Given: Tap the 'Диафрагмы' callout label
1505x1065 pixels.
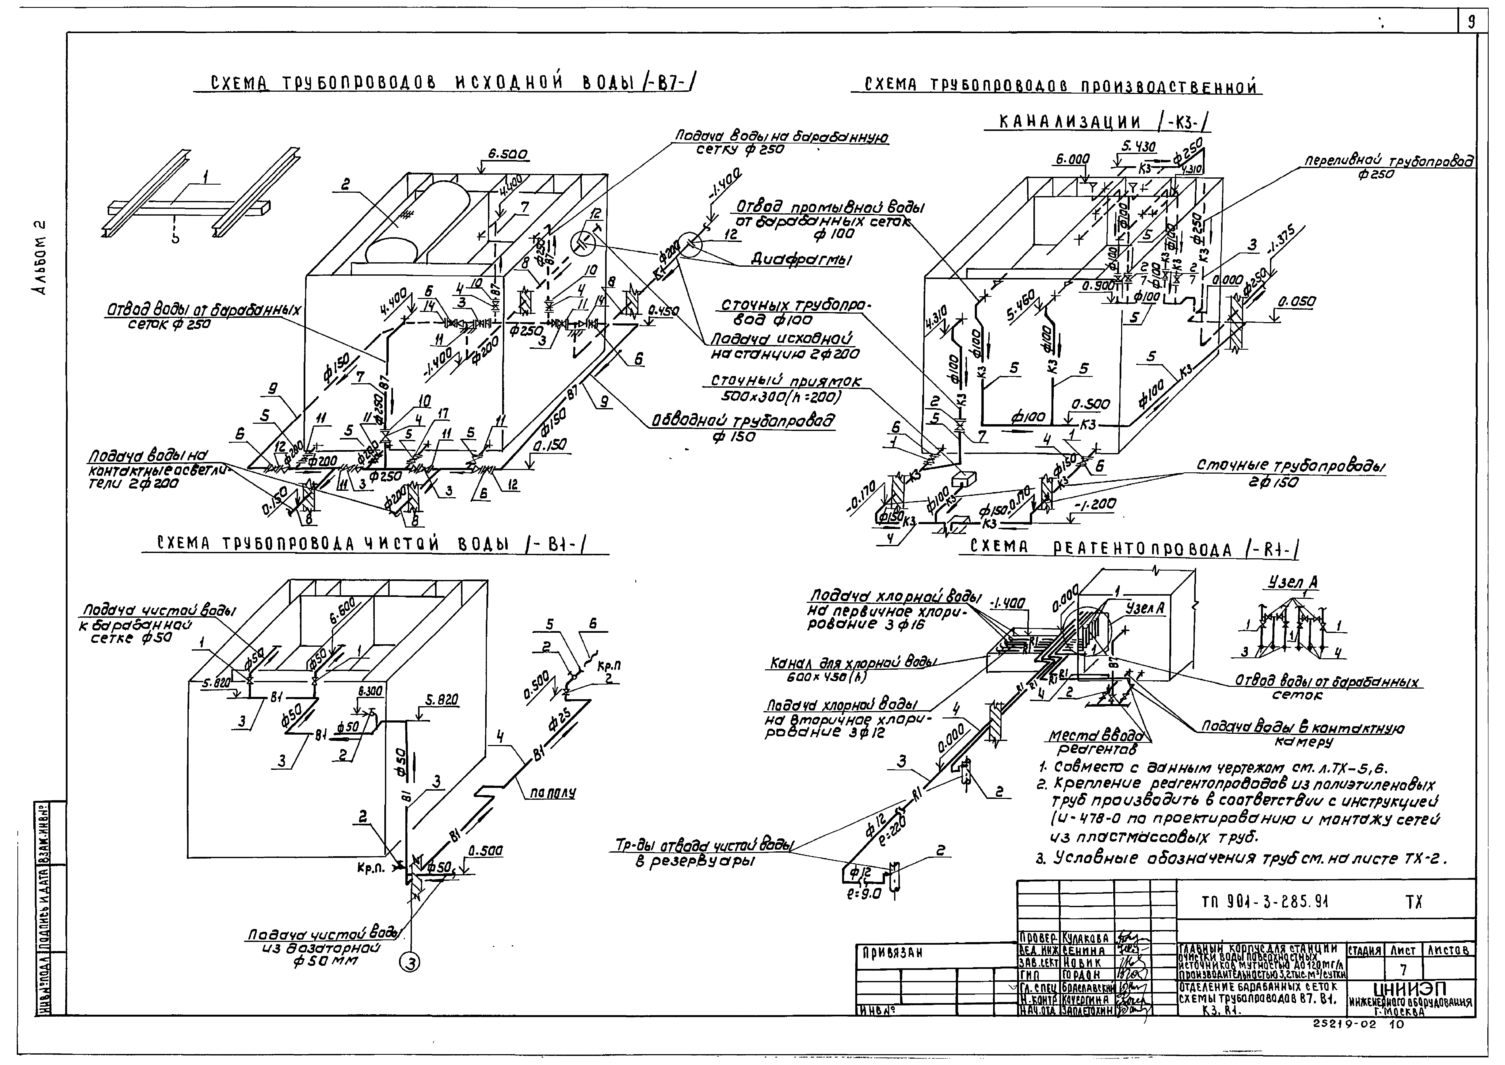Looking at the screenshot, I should coord(800,260).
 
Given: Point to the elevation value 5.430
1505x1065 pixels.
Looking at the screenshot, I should coord(1138,147).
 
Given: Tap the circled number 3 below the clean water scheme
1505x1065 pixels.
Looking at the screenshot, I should coord(409,962).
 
